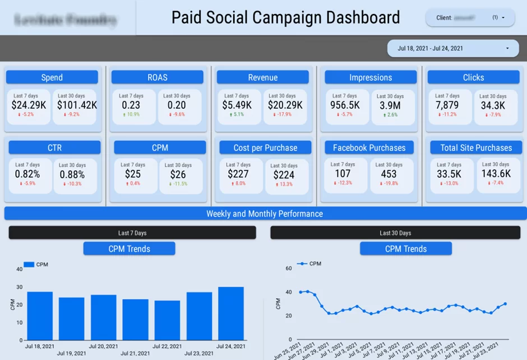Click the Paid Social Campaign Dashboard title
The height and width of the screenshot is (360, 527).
[x=285, y=17]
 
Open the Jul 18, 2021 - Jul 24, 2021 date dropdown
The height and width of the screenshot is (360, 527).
[x=454, y=48]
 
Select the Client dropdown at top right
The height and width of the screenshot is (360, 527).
[x=470, y=17]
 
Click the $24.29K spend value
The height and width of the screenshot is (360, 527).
[x=29, y=105]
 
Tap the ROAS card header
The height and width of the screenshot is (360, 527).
[x=158, y=77]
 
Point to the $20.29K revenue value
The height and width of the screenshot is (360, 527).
[x=285, y=105]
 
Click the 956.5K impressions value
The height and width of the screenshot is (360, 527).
[x=345, y=105]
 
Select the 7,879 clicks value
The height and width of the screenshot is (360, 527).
[x=447, y=105]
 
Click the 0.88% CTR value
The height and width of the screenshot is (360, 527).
[x=72, y=174]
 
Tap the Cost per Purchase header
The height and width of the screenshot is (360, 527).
[x=266, y=147]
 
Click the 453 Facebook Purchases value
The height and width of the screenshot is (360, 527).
[x=388, y=174]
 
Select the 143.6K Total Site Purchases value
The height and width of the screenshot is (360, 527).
[x=496, y=174]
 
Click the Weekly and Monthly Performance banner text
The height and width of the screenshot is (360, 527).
[x=265, y=214]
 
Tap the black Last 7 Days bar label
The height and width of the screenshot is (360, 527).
[x=132, y=233]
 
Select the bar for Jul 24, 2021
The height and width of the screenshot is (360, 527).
[x=231, y=313]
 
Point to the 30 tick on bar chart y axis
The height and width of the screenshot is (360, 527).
[x=20, y=287]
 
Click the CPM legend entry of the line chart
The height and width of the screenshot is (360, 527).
[x=309, y=264]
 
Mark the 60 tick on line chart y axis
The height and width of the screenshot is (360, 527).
[x=289, y=269]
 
